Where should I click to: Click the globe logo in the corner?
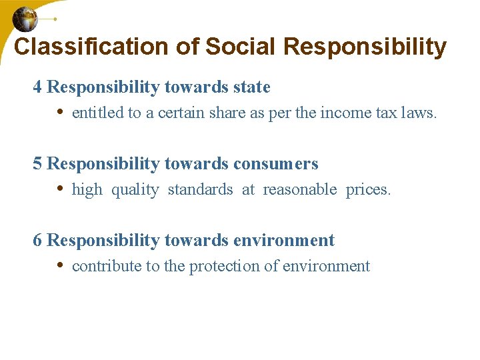point(25,19)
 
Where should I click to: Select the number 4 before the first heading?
point(37,87)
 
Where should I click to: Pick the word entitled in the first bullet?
point(97,113)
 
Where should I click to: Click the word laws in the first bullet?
point(419,113)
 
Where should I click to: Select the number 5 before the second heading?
point(37,164)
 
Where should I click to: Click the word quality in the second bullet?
point(135,190)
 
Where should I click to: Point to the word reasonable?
point(299,190)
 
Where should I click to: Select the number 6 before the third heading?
point(37,241)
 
